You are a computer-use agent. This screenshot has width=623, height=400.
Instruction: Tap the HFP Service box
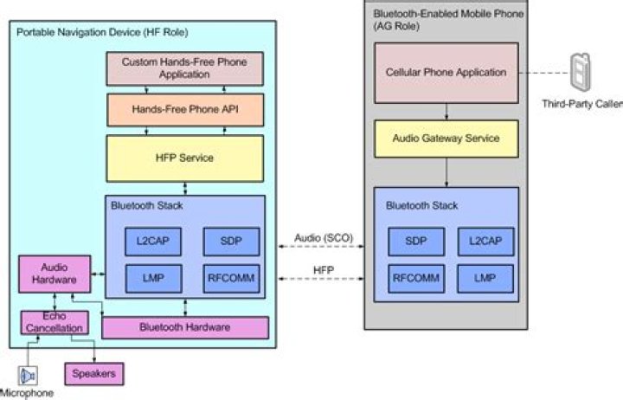pyautogui.click(x=183, y=158)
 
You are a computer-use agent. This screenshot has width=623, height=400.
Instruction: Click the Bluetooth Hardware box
pyautogui.click(x=185, y=327)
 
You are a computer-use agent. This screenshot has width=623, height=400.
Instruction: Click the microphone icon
pyautogui.click(x=29, y=375)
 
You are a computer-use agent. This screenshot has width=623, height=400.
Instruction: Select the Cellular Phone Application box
pyautogui.click(x=446, y=73)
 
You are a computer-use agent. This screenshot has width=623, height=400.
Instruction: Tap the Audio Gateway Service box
pyautogui.click(x=446, y=139)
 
